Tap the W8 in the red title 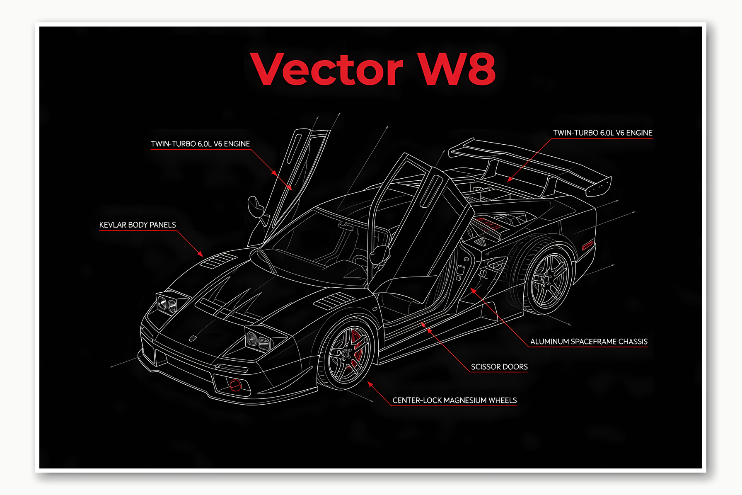tap(456, 69)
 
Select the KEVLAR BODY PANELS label tap(138, 225)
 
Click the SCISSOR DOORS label tap(499, 367)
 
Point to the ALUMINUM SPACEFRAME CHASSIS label tap(589, 342)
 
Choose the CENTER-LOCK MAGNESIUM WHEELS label tap(454, 400)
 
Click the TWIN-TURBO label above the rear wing tap(602, 133)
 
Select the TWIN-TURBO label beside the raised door tap(200, 144)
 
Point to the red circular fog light tap(235, 385)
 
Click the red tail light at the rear tap(587, 245)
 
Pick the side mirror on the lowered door tap(379, 254)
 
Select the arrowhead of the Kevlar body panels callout tap(201, 254)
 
